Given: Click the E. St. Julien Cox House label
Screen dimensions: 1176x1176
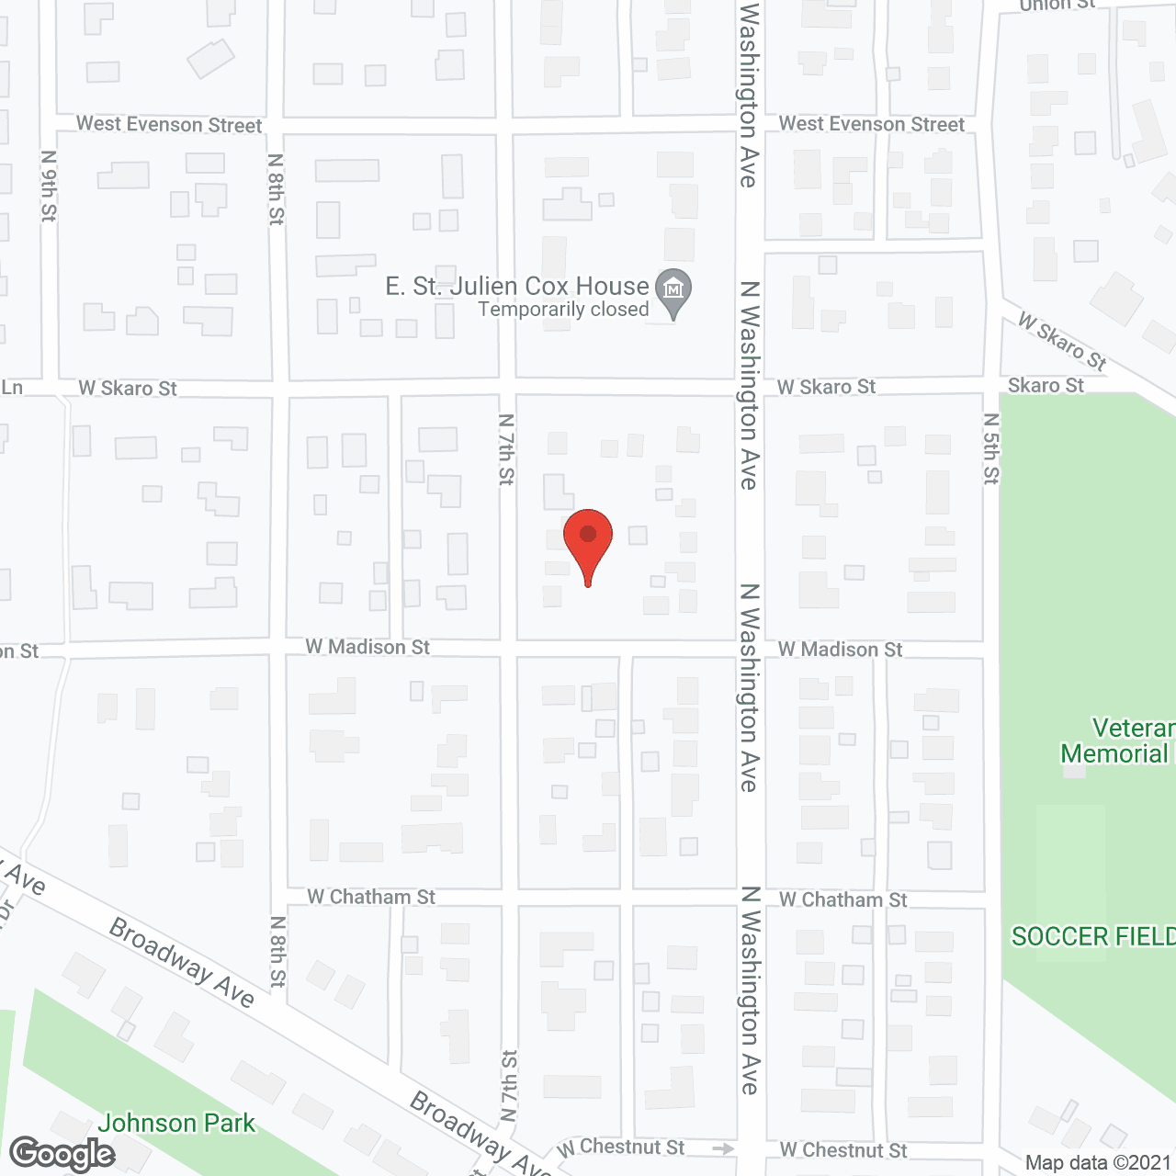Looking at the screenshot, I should click(x=517, y=287).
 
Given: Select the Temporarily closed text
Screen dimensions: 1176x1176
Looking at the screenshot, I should click(x=563, y=310).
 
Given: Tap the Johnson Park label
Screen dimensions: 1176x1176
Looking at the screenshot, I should click(x=176, y=1123).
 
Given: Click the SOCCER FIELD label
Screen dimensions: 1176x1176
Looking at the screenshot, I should click(x=1092, y=936).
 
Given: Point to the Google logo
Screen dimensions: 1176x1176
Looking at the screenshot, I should click(x=62, y=1154).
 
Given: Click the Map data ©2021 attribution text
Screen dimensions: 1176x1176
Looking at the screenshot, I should click(x=1098, y=1162).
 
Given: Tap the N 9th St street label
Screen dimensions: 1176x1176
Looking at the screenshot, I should click(x=49, y=186).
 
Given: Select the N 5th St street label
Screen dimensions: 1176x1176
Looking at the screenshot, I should click(x=990, y=448).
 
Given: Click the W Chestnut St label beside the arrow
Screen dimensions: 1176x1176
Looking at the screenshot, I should click(x=621, y=1148).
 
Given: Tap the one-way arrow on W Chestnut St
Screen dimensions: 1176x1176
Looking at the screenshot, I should click(x=723, y=1148).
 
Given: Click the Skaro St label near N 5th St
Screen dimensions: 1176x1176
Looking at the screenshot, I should click(x=1046, y=385).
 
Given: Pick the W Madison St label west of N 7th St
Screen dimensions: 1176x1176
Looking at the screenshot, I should click(x=367, y=647).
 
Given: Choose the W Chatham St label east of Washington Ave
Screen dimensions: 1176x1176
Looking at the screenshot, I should click(x=842, y=899).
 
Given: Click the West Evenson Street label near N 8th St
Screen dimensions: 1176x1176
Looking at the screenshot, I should click(x=169, y=124).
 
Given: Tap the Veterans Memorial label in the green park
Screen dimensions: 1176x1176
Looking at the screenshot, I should click(x=1116, y=741).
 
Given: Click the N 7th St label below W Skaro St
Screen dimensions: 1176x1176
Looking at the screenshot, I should click(x=506, y=449).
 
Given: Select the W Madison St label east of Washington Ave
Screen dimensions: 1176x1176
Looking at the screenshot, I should click(x=840, y=650).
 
